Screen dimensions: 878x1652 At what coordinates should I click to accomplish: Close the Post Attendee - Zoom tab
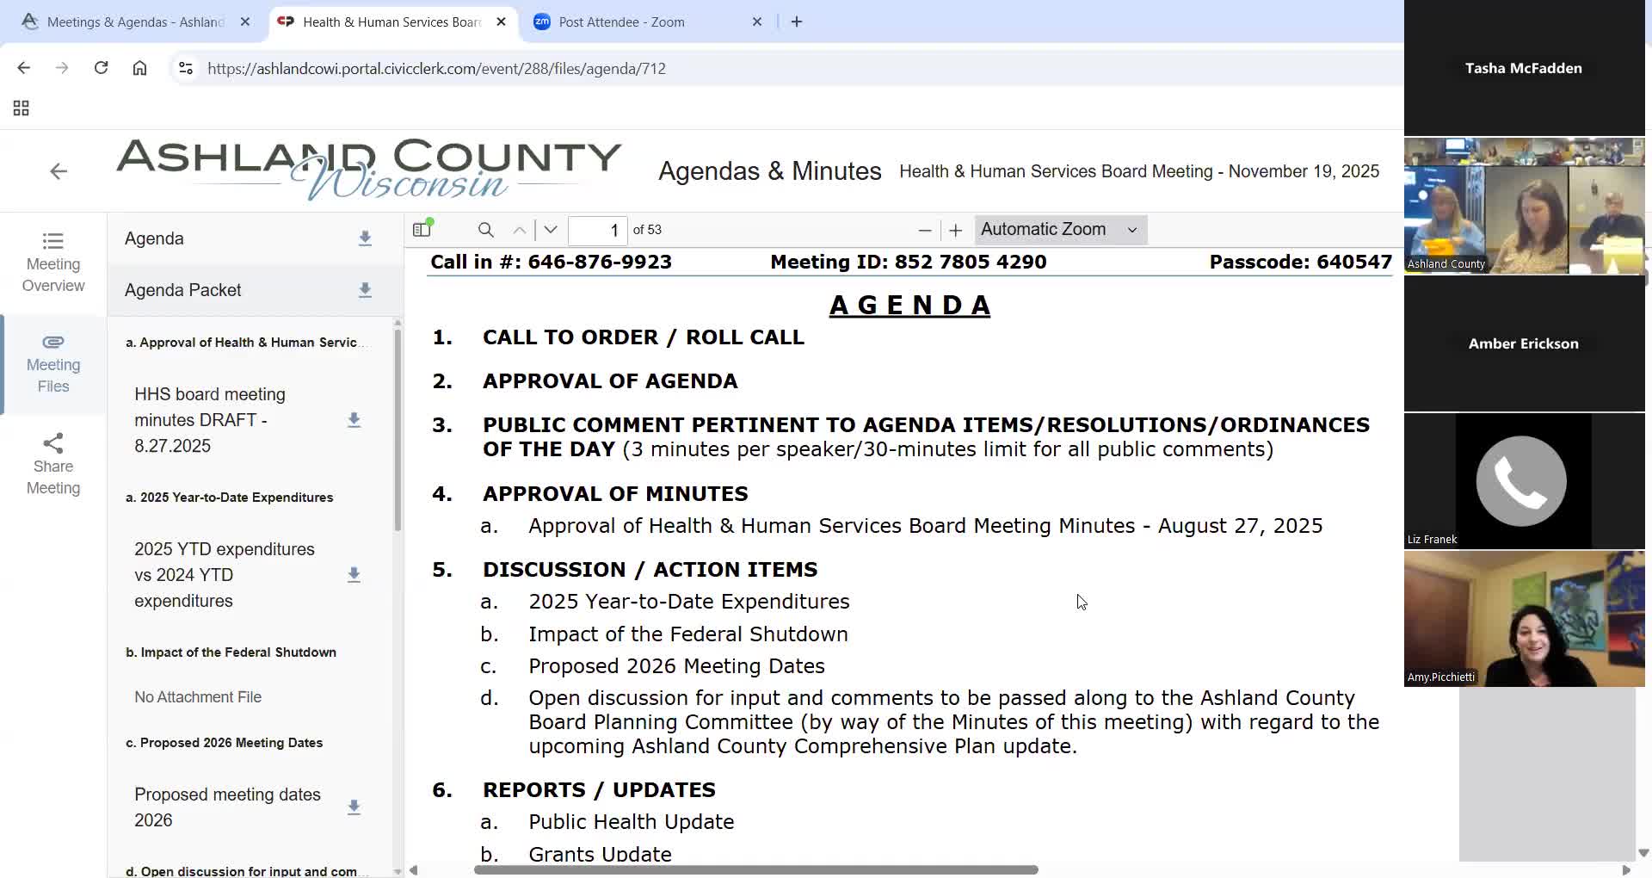757,22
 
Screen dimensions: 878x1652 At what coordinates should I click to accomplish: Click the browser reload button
101,68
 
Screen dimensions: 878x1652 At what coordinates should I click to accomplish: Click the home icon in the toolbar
139,68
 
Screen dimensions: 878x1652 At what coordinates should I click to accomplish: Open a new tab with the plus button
797,22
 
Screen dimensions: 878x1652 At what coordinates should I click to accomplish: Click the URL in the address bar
436,69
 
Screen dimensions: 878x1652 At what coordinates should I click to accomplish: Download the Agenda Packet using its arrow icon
365,290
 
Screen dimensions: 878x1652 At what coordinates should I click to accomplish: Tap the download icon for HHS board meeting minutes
354,420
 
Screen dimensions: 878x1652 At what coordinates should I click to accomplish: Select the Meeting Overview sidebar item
53,263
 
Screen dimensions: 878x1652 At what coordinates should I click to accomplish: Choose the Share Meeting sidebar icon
53,465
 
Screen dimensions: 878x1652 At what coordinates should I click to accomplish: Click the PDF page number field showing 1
598,230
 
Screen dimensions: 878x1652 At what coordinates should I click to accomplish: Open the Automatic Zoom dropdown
1059,230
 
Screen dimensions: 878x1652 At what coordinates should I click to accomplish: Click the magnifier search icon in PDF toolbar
486,230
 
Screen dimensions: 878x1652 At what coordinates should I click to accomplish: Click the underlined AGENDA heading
909,306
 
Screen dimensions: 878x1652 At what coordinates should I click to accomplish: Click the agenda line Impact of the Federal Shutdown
687,634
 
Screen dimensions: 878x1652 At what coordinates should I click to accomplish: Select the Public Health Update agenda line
631,822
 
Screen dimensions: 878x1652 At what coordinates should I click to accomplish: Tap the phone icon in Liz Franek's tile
1521,481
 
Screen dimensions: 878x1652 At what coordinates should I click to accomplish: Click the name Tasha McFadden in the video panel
1523,68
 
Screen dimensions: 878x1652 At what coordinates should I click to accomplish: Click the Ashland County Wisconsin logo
368,169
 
